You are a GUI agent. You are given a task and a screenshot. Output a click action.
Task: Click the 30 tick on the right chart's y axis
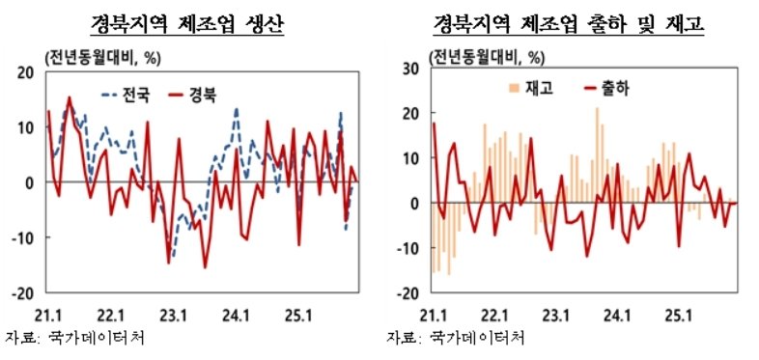(409, 68)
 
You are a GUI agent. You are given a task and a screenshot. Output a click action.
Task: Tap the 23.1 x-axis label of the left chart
(174, 314)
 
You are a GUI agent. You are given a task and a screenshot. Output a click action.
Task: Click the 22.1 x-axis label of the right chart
(494, 314)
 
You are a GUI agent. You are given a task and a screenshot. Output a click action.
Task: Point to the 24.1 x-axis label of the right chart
(617, 314)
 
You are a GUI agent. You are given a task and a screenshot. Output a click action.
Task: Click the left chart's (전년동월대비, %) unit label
(100, 57)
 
